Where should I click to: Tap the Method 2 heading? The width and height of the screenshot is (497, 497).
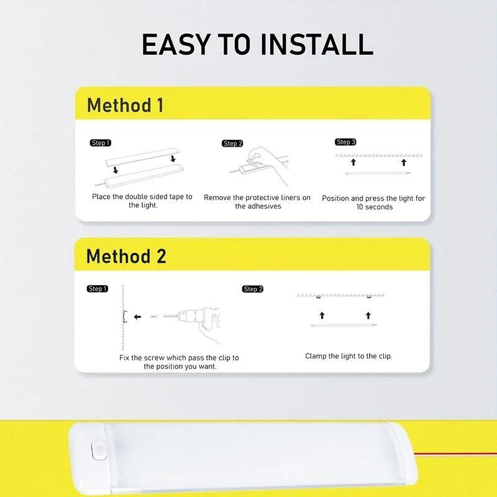126,256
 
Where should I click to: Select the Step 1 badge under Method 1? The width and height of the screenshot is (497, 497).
100,143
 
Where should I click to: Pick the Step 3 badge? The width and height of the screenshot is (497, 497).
345,142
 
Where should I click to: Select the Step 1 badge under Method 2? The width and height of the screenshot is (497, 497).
98,289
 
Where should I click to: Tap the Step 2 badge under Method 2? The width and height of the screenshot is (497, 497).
253,289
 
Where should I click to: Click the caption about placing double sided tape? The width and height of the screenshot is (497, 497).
142,201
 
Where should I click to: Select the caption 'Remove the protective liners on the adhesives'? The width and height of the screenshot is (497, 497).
257,202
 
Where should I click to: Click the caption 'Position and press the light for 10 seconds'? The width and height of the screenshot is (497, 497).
373,203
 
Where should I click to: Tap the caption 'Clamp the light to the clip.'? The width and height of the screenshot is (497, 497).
349,356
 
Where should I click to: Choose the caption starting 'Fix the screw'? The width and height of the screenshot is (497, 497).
179,362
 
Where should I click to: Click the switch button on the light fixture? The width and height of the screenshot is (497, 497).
97,450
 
